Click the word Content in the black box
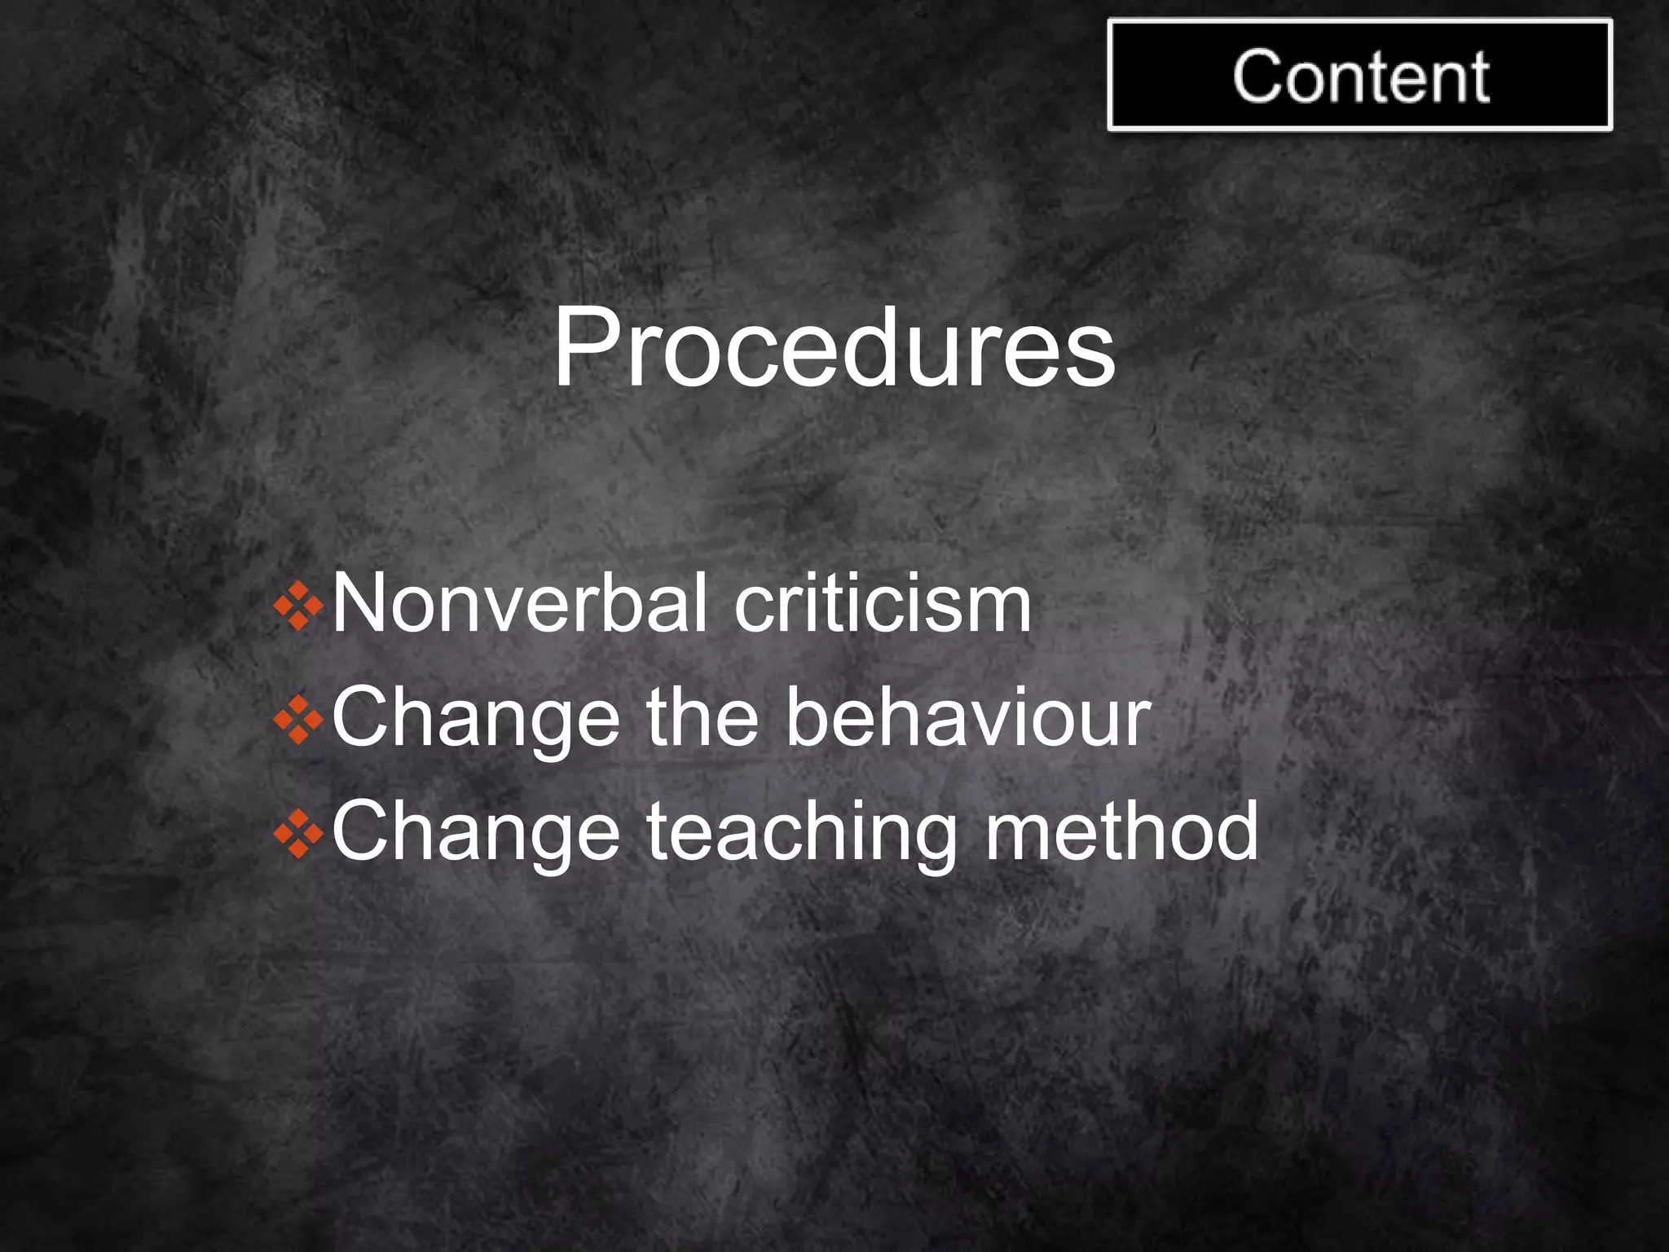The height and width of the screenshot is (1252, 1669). [x=1360, y=77]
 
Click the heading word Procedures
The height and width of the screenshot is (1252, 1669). [x=834, y=349]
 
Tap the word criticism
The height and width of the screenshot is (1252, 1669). [x=883, y=603]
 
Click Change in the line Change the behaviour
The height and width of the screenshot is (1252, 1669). [x=476, y=718]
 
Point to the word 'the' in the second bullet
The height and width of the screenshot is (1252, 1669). [x=702, y=718]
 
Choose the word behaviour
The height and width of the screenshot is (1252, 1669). [x=968, y=718]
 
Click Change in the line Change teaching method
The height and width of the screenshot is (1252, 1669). [x=476, y=831]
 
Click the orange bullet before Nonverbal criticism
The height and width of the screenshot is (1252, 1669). [x=298, y=606]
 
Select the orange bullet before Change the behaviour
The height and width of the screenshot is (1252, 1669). [x=298, y=720]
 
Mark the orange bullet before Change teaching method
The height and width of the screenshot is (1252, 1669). [x=298, y=834]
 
